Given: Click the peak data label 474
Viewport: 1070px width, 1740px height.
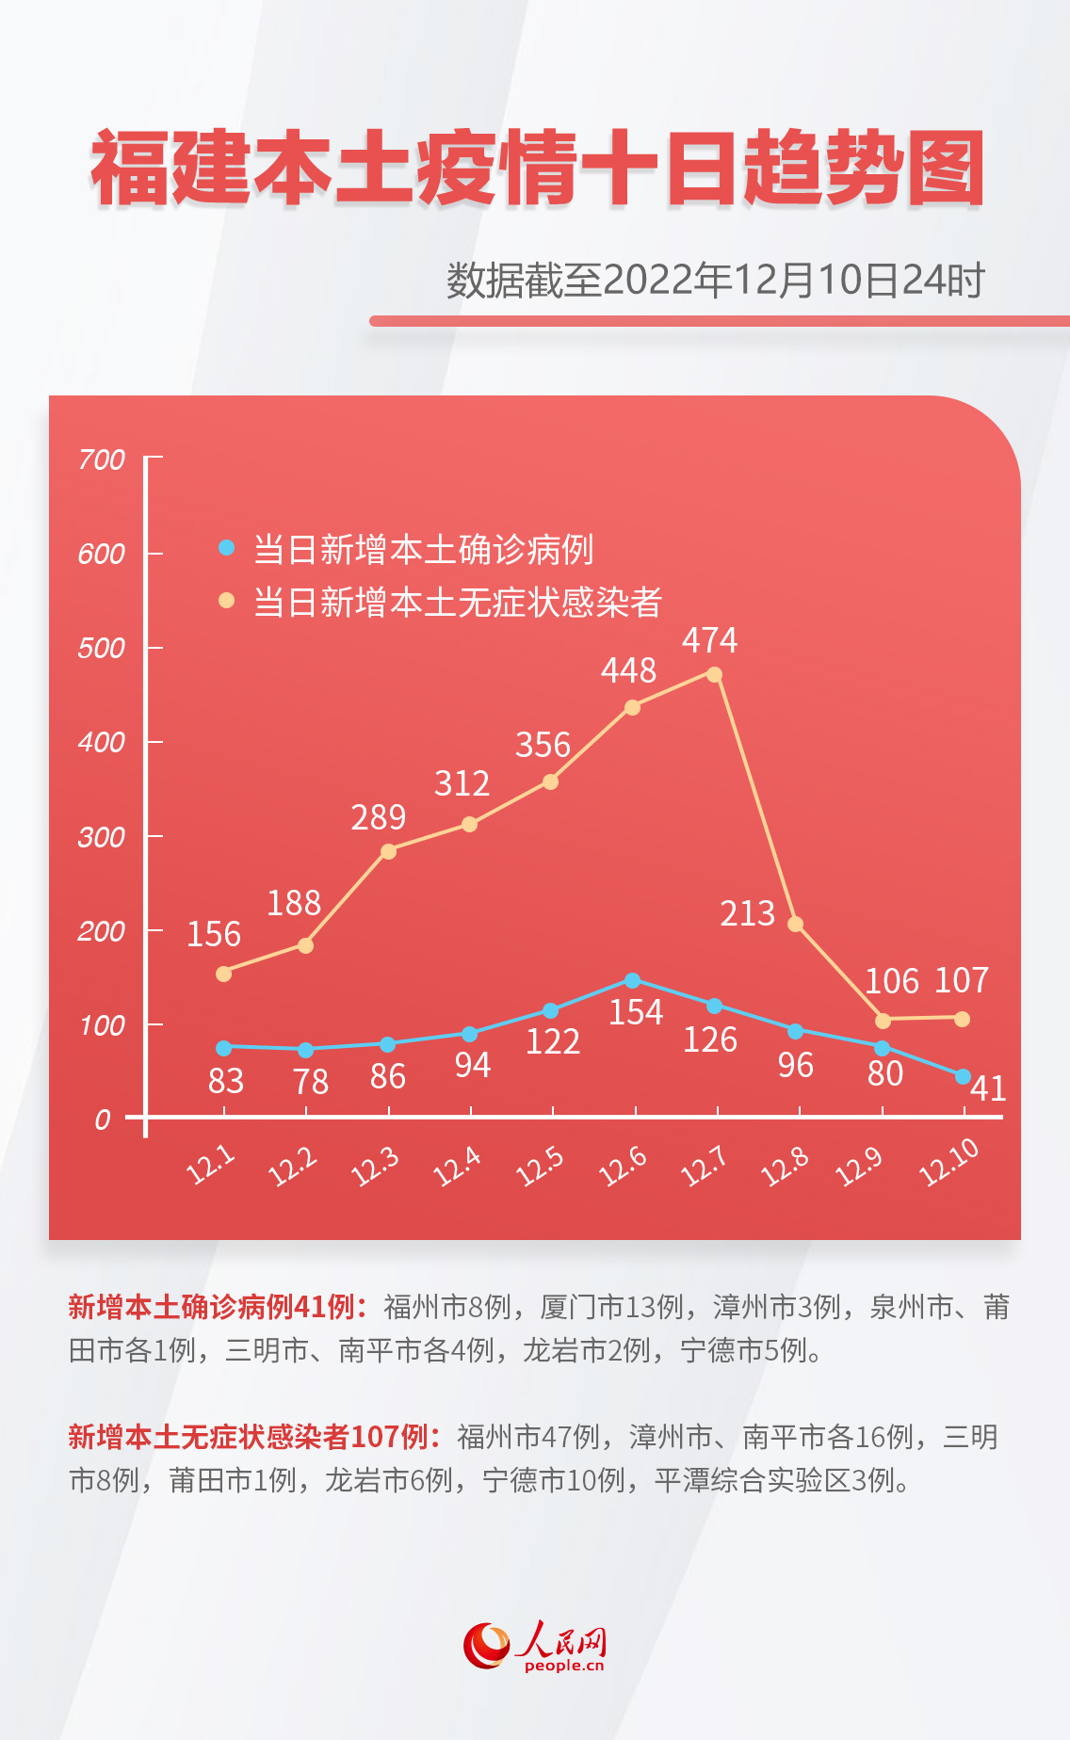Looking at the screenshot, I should point(709,640).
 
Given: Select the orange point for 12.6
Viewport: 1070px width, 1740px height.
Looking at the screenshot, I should point(632,707).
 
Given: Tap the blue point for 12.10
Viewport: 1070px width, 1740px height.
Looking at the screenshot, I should point(963,1076).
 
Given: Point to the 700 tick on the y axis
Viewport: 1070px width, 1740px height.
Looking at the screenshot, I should point(102,459).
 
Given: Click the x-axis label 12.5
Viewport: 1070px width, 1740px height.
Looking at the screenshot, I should point(540,1167).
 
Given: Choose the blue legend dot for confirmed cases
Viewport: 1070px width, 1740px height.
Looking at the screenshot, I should point(226,547).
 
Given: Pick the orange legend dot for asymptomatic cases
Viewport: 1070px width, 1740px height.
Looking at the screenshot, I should point(226,600).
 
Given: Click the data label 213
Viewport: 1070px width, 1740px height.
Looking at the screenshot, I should point(747,913).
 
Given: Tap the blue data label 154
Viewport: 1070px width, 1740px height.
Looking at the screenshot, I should point(636,1012).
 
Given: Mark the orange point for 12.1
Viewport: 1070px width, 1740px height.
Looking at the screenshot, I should point(223,974).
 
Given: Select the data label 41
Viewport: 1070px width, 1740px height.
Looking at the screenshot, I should point(988,1088).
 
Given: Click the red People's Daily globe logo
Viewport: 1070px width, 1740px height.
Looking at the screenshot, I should point(487,1645).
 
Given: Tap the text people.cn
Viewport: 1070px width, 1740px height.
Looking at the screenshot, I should point(564,1666).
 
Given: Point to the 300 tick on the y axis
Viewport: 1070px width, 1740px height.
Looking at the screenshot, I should point(102,837).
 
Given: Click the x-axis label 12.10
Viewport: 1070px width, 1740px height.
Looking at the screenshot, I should point(948,1164).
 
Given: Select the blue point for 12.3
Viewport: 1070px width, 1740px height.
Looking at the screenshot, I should point(387,1044).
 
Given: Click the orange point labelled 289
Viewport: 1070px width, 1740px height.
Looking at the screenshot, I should point(388,851).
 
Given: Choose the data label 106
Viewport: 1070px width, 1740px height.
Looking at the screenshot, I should point(891,981).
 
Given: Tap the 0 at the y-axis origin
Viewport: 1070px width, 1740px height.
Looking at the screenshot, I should point(103,1120).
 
